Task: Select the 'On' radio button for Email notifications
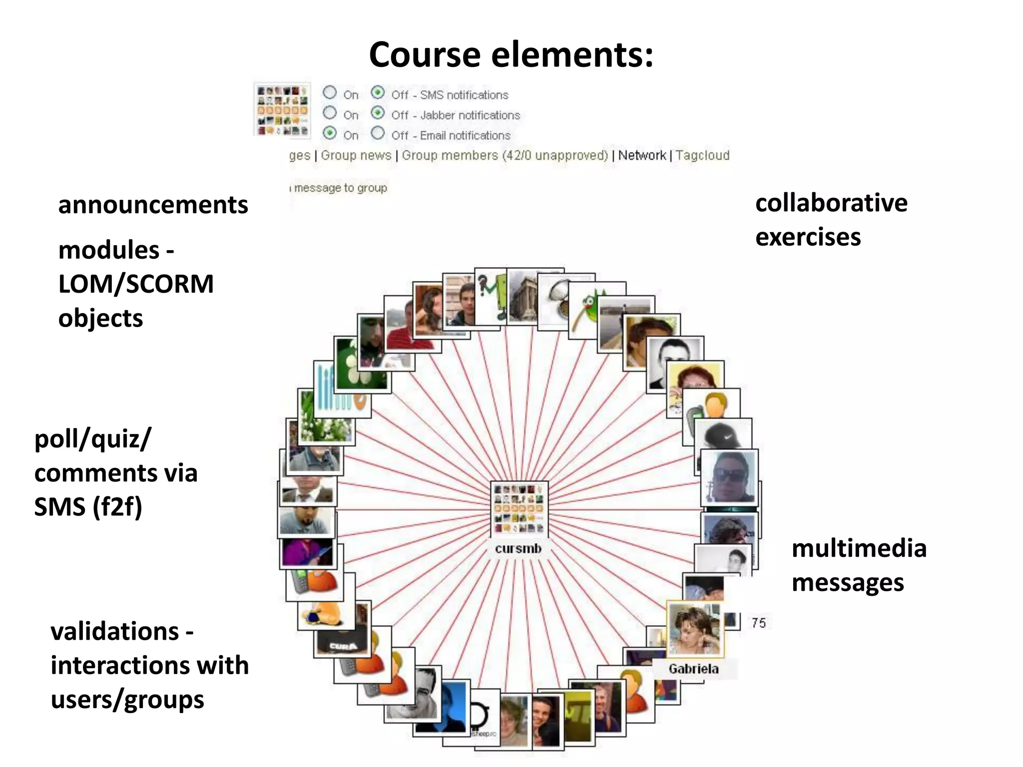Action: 330,133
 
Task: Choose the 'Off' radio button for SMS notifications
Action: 378,93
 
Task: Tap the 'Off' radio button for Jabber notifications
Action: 378,113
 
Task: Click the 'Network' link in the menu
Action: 642,155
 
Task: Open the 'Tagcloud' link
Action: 702,155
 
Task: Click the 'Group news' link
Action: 356,155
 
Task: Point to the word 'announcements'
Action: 153,205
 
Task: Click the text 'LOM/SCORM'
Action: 136,284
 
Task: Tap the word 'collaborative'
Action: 831,203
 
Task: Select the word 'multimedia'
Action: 859,548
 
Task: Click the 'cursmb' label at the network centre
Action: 518,548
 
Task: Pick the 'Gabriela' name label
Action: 693,669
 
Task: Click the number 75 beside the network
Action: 758,623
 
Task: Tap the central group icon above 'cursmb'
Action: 519,509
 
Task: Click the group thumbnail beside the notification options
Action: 282,110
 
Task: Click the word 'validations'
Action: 115,632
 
